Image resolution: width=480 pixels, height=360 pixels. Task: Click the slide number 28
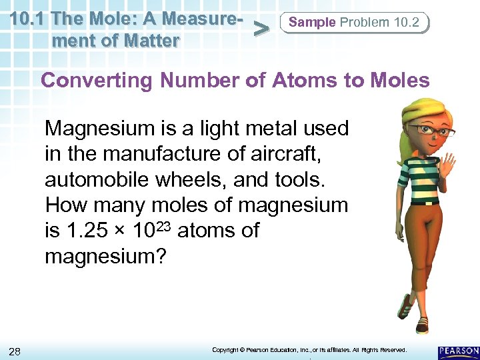[15, 351]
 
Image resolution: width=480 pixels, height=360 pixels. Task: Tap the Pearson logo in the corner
[459, 351]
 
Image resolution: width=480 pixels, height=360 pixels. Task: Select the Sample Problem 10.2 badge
[354, 23]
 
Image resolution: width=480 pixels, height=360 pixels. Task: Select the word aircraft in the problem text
[287, 153]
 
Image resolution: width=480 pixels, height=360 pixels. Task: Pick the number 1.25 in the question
[85, 231]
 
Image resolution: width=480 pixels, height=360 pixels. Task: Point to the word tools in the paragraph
[307, 179]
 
